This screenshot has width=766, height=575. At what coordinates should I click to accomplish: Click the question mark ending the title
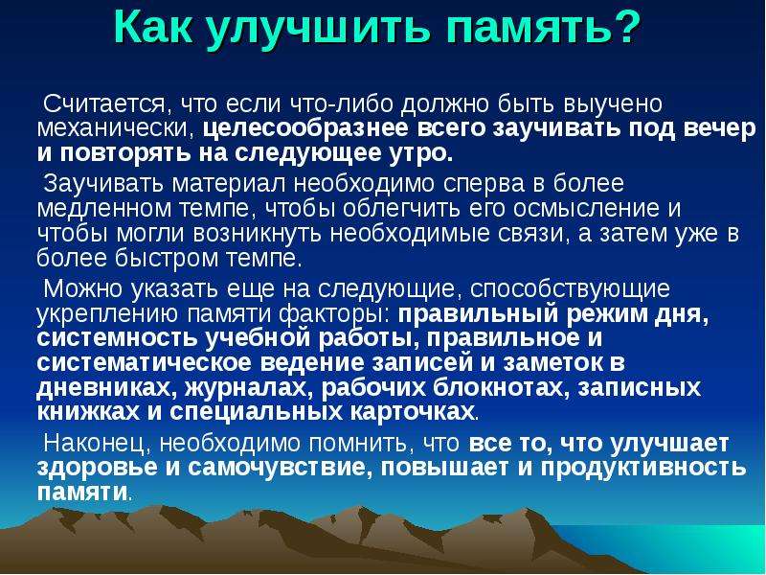[x=623, y=27]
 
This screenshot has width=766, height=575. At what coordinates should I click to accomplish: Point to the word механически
[x=115, y=128]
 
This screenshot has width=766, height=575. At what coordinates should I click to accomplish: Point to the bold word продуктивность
[x=643, y=468]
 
